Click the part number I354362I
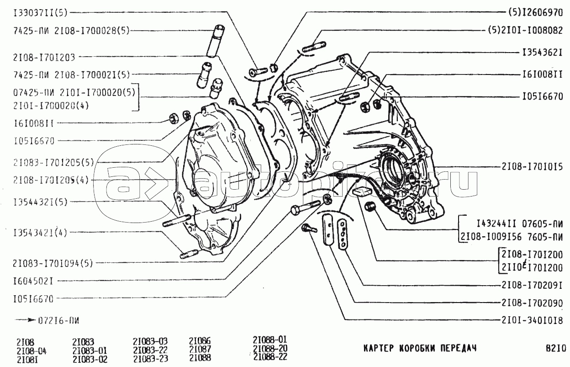click(542, 53)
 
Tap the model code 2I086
click(200, 341)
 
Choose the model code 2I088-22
click(270, 356)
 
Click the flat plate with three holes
click(342, 233)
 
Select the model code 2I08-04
click(31, 351)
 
